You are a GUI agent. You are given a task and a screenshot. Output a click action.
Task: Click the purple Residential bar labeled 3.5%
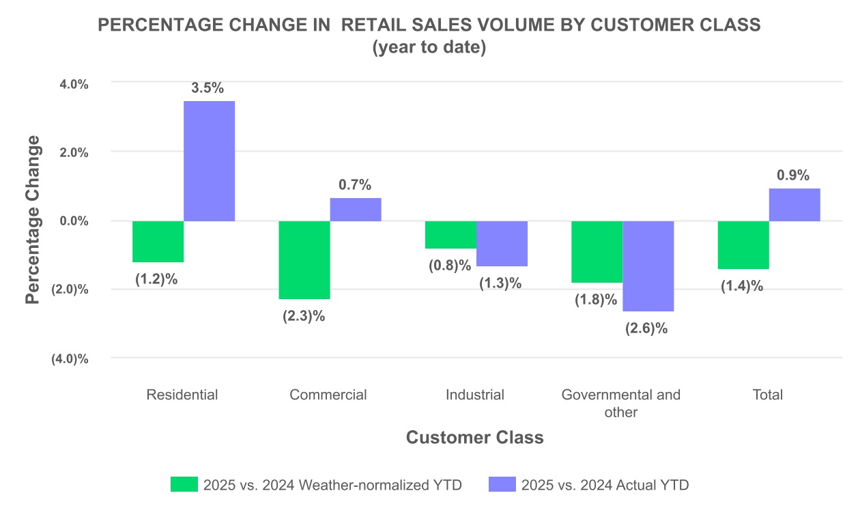(x=209, y=161)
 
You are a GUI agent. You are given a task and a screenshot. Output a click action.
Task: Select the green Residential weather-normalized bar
(x=158, y=242)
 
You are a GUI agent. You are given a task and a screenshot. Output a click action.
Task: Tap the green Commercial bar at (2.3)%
(x=304, y=260)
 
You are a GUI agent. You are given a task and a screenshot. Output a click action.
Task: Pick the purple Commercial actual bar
(x=356, y=210)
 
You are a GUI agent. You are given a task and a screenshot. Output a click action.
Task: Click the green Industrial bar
(x=450, y=235)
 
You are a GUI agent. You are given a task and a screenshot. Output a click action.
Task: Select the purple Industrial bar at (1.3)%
(x=502, y=244)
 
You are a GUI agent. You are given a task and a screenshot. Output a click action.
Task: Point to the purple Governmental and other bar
(x=648, y=266)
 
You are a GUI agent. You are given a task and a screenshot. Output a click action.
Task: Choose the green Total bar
(x=743, y=245)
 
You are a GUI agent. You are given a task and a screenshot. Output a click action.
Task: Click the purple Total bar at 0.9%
(x=794, y=205)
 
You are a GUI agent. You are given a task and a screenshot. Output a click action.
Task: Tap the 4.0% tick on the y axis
(x=74, y=84)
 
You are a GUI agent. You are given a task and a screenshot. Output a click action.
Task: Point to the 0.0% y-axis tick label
(x=74, y=221)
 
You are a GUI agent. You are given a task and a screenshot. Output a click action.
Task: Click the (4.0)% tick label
(x=70, y=359)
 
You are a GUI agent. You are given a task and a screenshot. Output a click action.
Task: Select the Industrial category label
(x=475, y=395)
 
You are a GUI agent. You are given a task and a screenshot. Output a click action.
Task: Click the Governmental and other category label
(x=621, y=403)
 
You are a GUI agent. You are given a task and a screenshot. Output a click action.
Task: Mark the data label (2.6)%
(x=646, y=328)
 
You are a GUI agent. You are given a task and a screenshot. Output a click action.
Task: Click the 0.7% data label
(x=355, y=184)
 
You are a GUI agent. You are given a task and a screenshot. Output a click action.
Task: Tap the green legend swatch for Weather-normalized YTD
(x=184, y=485)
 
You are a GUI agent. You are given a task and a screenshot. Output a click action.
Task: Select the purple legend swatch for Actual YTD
(x=502, y=485)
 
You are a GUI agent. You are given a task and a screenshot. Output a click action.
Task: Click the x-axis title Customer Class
(x=475, y=438)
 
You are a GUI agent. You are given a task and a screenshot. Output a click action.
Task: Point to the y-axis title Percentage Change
(x=32, y=220)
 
